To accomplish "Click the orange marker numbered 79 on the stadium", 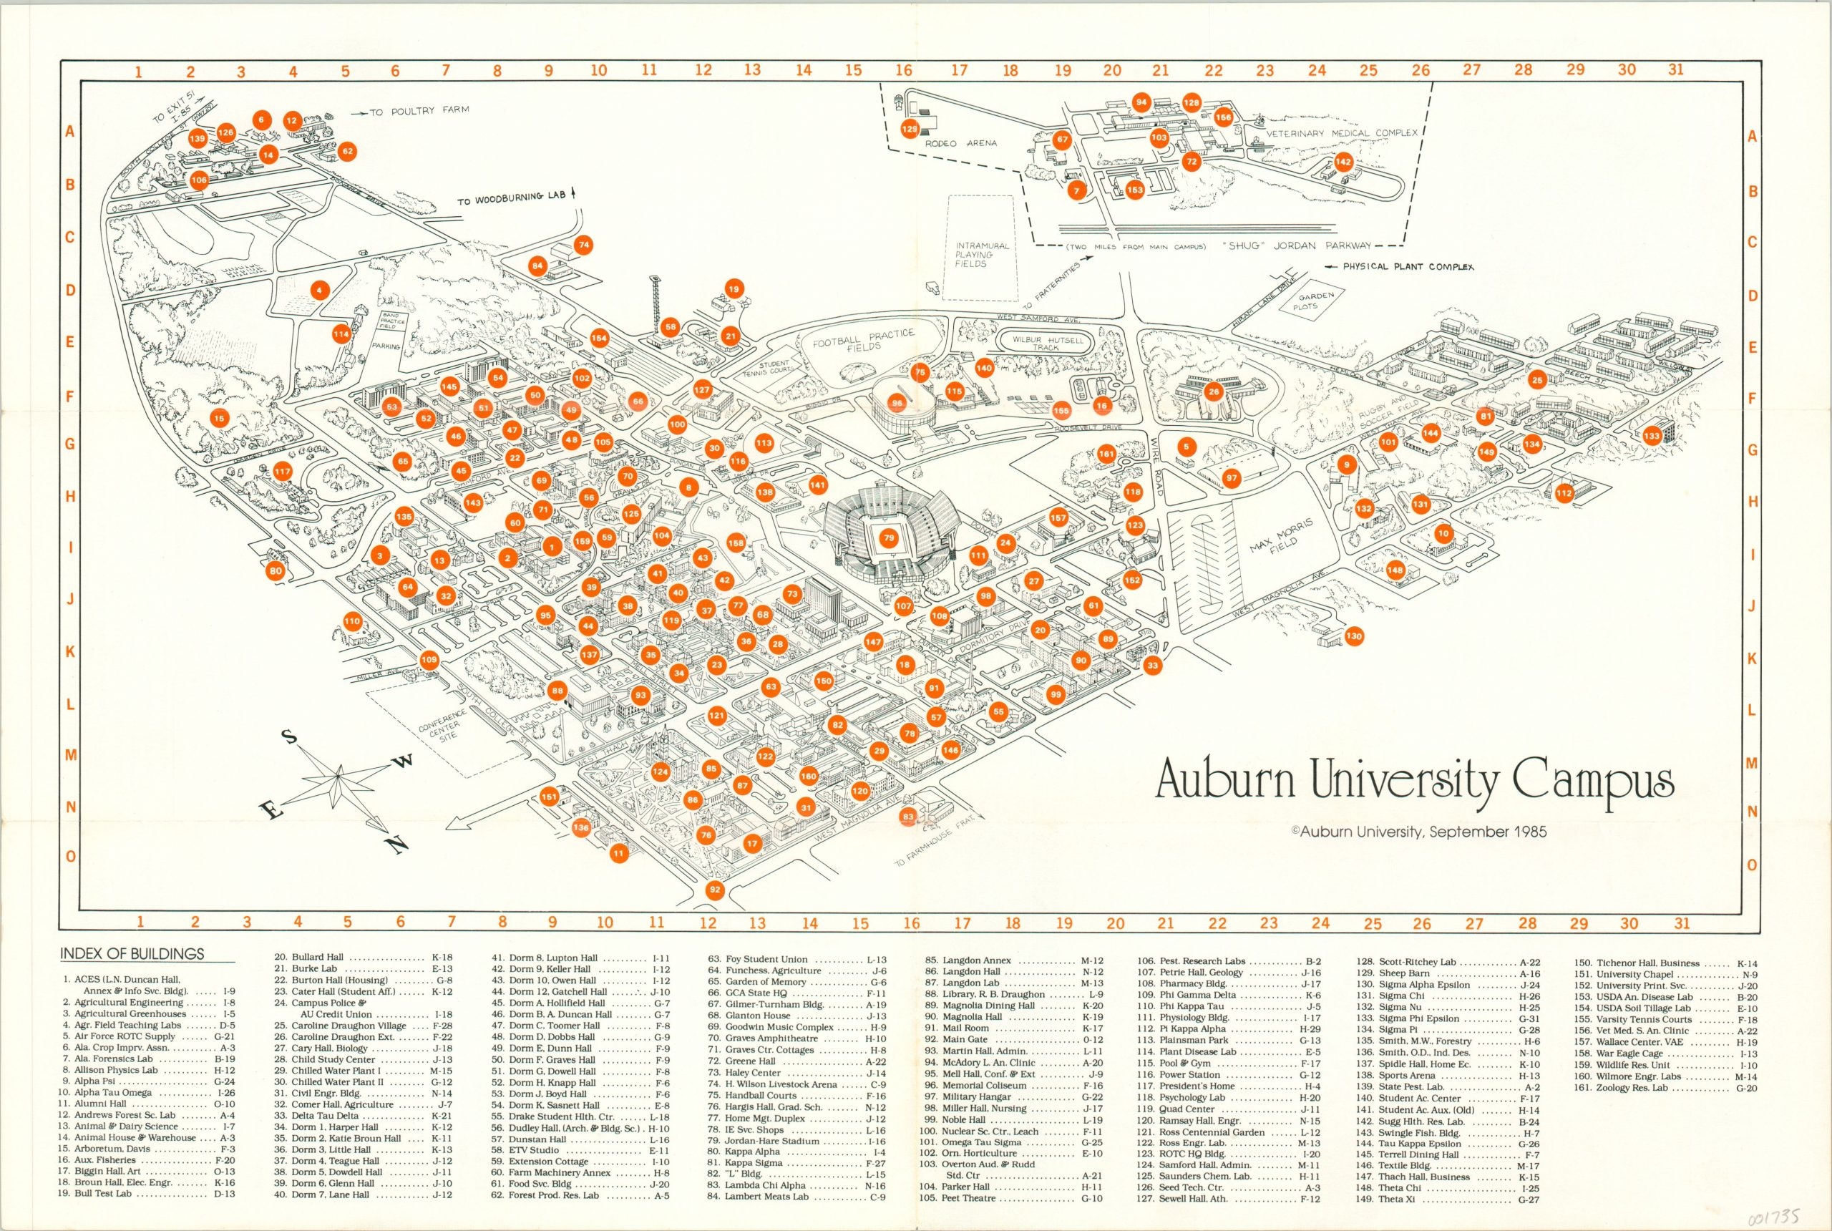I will pyautogui.click(x=888, y=538).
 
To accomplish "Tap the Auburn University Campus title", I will pyautogui.click(x=1414, y=781).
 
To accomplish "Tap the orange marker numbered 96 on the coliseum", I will pyautogui.click(x=897, y=404).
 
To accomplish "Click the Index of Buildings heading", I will pyautogui.click(x=132, y=954).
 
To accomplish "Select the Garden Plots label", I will pyautogui.click(x=1317, y=301).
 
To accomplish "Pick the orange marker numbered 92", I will pyautogui.click(x=714, y=890).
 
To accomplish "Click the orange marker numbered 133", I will pyautogui.click(x=1652, y=436).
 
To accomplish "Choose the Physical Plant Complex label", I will pyautogui.click(x=1408, y=267).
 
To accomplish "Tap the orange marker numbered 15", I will pyautogui.click(x=219, y=419).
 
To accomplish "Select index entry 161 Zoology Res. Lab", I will pyautogui.click(x=1662, y=1088).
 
